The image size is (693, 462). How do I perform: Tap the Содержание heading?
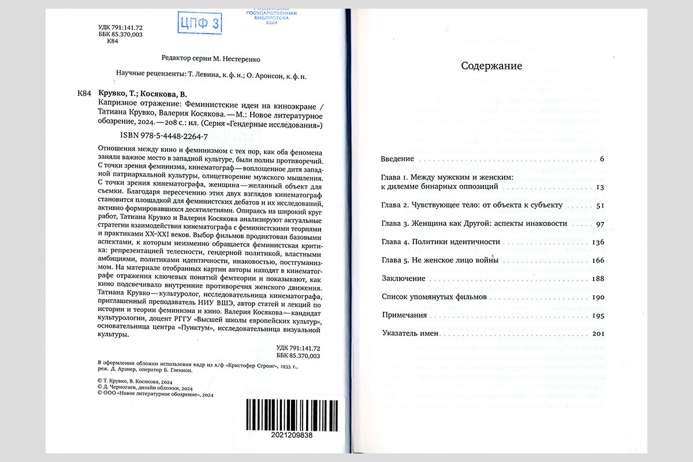click(491, 66)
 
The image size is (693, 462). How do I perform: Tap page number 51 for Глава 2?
click(599, 206)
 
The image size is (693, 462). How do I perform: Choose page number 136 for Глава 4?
click(598, 242)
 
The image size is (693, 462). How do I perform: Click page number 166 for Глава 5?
click(598, 260)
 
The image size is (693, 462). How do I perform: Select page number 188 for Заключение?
click(598, 279)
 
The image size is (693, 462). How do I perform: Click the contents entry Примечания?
click(404, 315)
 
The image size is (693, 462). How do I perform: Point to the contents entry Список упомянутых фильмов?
click(430, 297)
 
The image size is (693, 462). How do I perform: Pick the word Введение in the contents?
click(398, 159)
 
